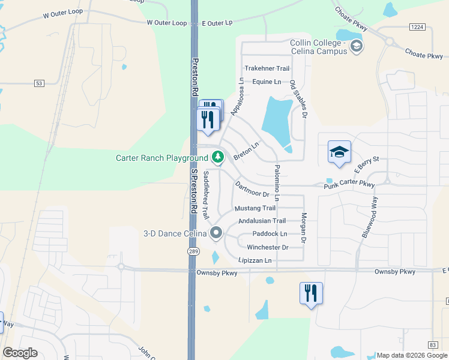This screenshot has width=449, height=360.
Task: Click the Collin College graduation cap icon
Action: (357, 46)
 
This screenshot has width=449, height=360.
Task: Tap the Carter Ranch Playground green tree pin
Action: (217, 158)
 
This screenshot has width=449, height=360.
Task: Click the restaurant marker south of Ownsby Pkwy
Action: (311, 294)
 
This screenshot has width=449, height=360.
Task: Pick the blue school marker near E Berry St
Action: (339, 152)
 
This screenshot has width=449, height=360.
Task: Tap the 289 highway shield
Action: (193, 251)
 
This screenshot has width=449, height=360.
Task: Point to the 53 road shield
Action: (40, 83)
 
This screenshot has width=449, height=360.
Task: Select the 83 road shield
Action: (433, 344)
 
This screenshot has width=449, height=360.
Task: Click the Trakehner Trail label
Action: (267, 69)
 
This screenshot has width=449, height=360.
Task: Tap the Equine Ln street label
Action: (267, 82)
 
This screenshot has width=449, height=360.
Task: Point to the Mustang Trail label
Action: (255, 208)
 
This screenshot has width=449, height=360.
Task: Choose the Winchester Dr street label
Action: (268, 247)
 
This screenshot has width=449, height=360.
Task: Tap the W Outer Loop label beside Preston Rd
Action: (167, 23)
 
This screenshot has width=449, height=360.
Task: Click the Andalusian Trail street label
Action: (262, 221)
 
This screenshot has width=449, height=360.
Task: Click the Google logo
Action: (20, 353)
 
